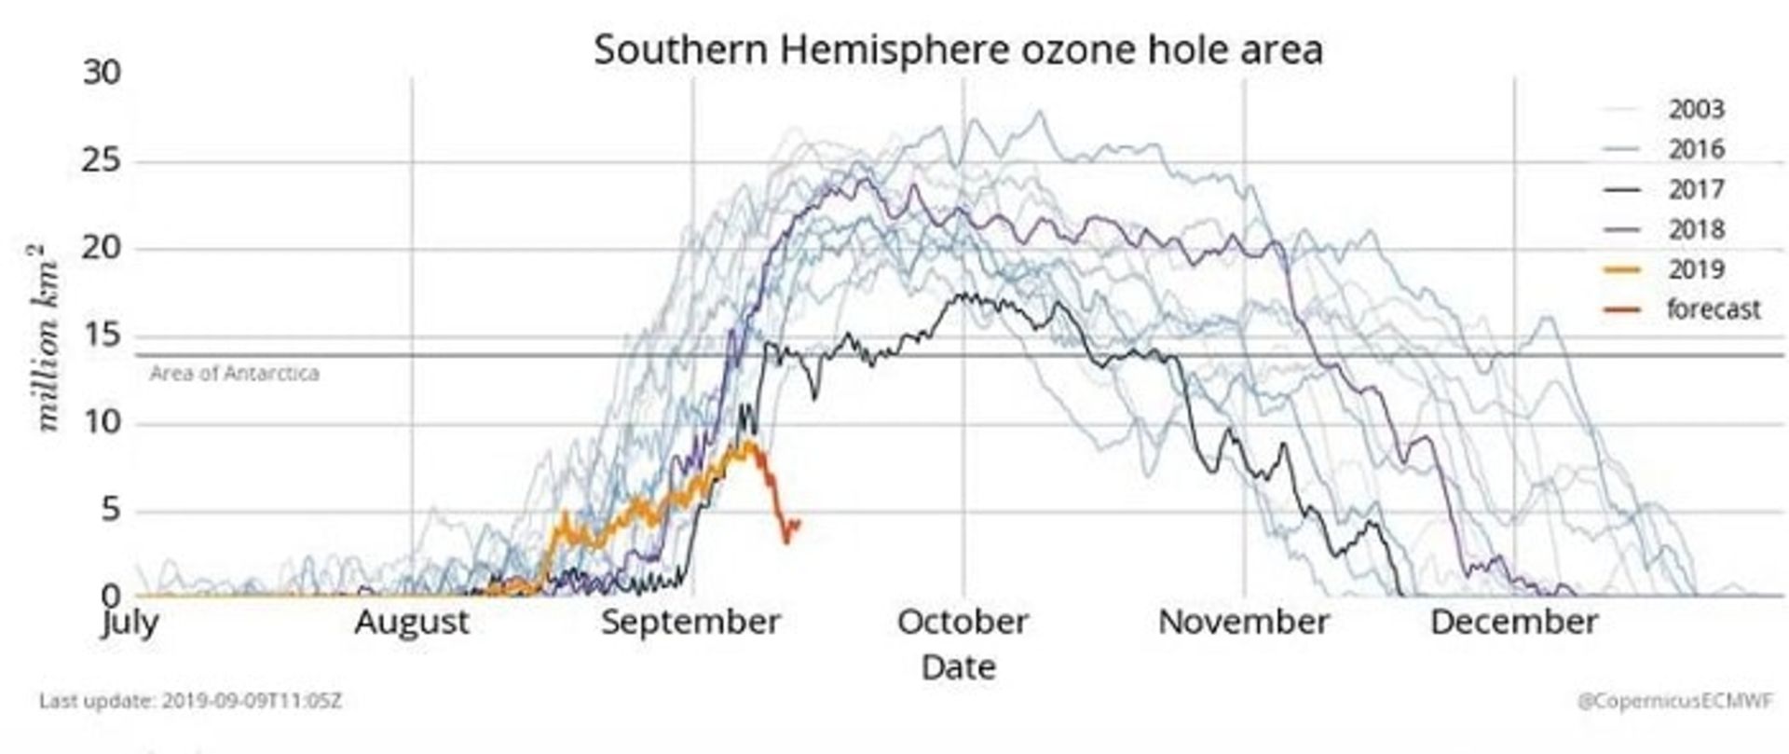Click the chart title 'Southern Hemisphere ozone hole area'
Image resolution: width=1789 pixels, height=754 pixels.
coord(958,49)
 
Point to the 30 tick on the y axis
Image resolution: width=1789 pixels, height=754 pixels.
coord(102,72)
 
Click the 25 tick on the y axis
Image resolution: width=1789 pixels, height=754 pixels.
coord(102,160)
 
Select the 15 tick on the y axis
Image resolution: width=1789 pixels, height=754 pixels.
coord(102,335)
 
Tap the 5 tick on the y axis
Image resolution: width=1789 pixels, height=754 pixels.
coord(111,510)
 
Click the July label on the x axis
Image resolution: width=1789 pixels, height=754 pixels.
coord(130,621)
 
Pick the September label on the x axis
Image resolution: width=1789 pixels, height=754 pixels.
coord(690,622)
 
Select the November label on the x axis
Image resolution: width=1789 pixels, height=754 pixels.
coord(1243,622)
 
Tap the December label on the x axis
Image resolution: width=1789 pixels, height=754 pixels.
coord(1514,622)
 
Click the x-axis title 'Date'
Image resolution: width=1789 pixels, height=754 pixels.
coord(958,667)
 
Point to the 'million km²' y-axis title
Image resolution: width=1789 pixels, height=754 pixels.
coord(47,337)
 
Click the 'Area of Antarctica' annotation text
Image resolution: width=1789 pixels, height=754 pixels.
coord(234,374)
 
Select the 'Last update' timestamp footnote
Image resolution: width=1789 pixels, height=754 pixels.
coord(190,700)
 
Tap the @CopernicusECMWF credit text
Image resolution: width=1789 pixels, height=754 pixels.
coord(1674,701)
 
